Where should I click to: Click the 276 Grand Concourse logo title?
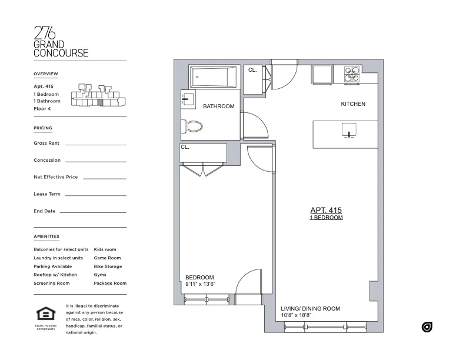click(61, 41)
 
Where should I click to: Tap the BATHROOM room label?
click(219, 106)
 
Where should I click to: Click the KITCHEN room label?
click(353, 104)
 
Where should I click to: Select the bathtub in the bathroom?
click(214, 78)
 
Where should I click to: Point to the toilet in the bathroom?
click(193, 125)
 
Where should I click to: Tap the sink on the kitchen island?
click(348, 129)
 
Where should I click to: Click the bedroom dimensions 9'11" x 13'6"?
click(200, 284)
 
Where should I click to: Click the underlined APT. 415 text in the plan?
click(326, 210)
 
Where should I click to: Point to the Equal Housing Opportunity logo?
click(46, 316)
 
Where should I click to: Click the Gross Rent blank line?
click(95, 144)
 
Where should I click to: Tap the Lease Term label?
click(47, 194)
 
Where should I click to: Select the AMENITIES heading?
click(46, 236)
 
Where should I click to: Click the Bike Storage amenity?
click(108, 266)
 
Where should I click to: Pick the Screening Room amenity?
click(52, 283)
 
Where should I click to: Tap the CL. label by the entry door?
click(252, 70)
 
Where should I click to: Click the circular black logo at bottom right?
click(427, 326)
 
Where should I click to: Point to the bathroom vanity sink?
click(188, 99)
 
